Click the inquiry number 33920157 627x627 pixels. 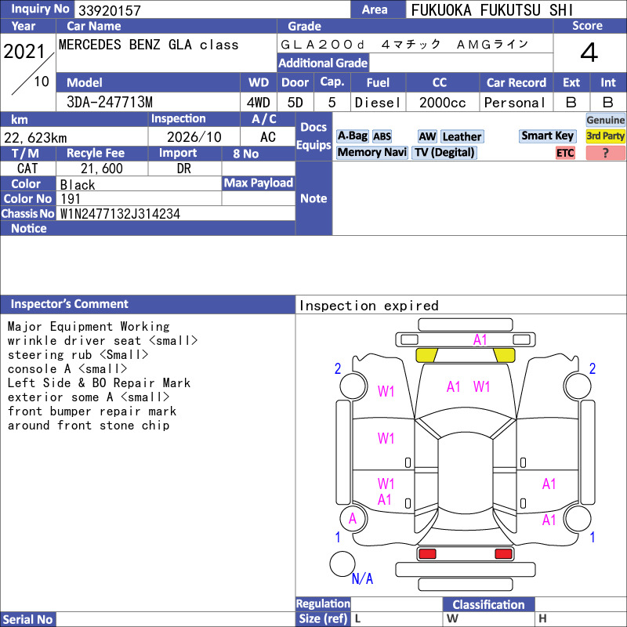[110, 10]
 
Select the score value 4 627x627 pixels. [589, 53]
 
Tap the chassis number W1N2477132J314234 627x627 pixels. [120, 213]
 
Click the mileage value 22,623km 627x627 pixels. [35, 138]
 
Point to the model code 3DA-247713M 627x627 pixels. [110, 103]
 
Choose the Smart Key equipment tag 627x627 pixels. [547, 136]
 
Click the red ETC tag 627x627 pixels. [565, 153]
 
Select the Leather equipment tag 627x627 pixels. [462, 136]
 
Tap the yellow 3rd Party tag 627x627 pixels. [605, 136]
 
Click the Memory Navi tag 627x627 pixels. [371, 152]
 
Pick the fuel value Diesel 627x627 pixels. [378, 103]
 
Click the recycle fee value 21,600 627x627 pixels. [102, 169]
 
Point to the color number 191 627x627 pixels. [71, 199]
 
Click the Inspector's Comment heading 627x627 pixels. [69, 304]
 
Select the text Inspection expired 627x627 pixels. [368, 306]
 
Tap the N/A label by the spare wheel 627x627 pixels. [362, 578]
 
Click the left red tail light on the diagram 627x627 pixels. [427, 554]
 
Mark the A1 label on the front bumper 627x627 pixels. [480, 340]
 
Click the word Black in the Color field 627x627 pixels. [78, 185]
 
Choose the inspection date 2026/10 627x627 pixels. [194, 137]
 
